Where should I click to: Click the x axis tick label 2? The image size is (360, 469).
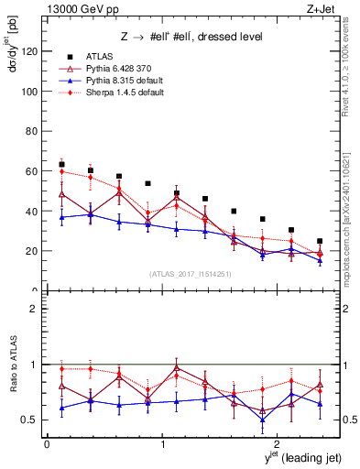point(279,443)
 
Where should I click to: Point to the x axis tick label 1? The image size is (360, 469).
point(163,443)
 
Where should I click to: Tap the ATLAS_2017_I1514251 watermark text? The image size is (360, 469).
point(184,274)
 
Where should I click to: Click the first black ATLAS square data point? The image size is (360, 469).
point(61,165)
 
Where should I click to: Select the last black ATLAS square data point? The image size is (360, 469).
point(320,241)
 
